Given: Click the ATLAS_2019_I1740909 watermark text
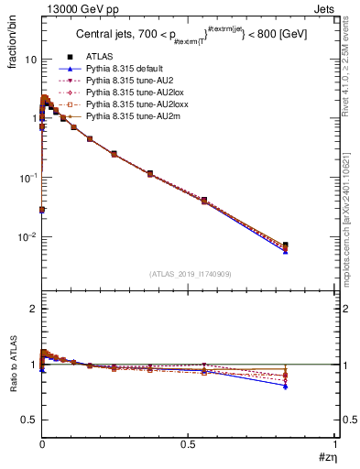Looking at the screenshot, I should [189, 274].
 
